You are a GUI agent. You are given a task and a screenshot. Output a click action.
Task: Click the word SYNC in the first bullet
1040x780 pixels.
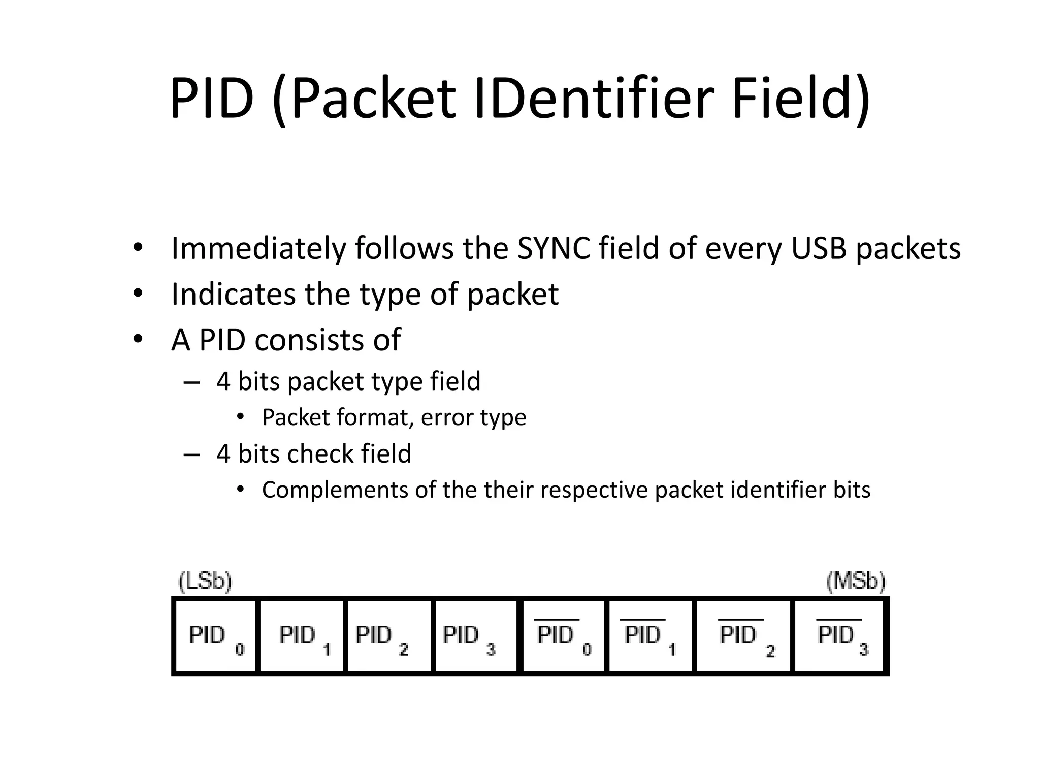(x=553, y=249)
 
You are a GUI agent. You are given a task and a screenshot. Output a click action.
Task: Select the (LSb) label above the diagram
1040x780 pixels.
(x=205, y=581)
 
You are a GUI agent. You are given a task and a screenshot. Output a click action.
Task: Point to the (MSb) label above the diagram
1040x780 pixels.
(x=856, y=581)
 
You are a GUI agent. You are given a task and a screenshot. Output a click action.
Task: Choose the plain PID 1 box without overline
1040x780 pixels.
(x=302, y=636)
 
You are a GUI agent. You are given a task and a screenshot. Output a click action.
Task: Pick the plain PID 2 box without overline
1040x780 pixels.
(x=389, y=636)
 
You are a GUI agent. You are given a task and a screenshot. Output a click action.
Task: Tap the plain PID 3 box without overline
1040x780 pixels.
(x=475, y=636)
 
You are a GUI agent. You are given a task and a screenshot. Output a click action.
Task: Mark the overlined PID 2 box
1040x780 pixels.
(x=743, y=636)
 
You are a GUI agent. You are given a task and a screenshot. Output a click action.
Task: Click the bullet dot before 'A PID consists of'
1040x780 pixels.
(x=138, y=339)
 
